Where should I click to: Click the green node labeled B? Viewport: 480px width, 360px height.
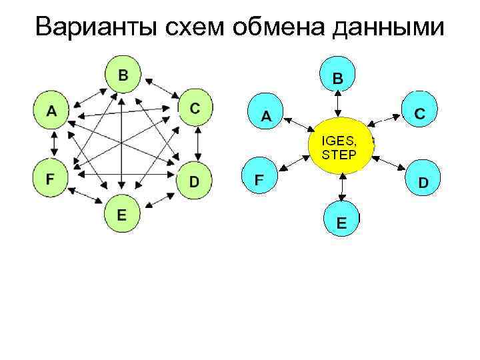(x=123, y=74)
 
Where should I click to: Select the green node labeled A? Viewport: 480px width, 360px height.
(x=51, y=109)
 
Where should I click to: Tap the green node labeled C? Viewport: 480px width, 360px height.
(x=194, y=108)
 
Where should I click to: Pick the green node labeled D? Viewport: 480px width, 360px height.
(x=194, y=180)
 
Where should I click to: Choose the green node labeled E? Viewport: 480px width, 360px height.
(x=121, y=215)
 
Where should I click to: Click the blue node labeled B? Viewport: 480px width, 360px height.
(x=339, y=76)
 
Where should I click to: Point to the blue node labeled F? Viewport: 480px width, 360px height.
(x=259, y=179)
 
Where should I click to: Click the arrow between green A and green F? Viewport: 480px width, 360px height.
(x=52, y=143)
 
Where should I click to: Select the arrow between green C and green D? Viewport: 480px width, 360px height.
(x=198, y=143)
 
